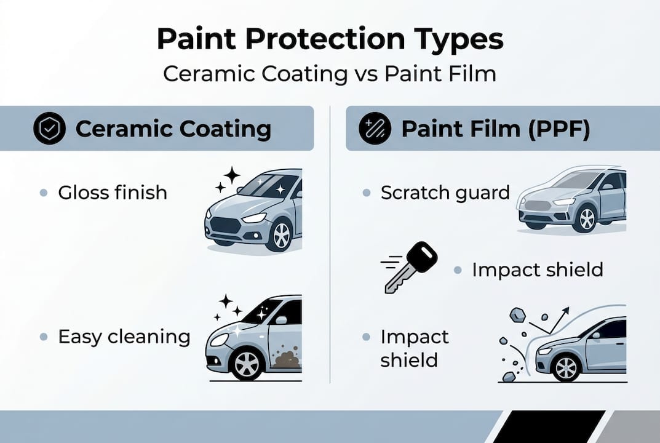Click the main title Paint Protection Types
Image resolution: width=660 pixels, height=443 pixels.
point(330,39)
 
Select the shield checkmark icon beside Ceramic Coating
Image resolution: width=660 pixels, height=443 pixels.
point(49,129)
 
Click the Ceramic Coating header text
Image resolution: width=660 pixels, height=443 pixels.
point(173,129)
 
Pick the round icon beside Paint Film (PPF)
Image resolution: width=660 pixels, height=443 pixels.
point(375,129)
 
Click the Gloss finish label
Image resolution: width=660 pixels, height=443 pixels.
point(113,193)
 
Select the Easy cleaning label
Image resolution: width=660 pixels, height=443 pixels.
point(124,337)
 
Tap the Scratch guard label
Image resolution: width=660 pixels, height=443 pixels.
point(445,193)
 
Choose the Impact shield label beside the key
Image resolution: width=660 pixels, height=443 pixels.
point(537,269)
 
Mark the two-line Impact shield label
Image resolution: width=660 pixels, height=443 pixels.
point(414,348)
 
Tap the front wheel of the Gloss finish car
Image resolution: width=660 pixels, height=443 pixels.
point(280,235)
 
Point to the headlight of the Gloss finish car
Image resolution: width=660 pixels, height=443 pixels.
point(253,218)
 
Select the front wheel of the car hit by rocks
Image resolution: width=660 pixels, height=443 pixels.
point(566,367)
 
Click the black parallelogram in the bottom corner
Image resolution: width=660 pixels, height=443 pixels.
point(548,426)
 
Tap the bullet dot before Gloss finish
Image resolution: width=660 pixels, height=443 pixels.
point(44,193)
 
